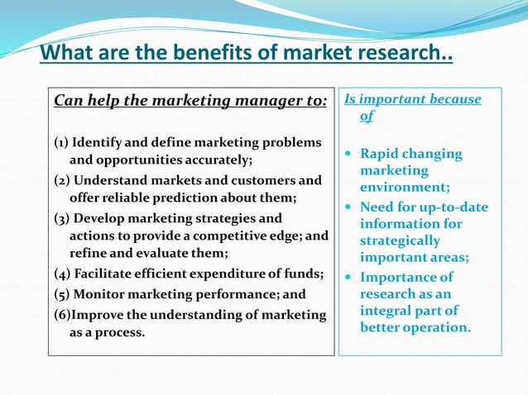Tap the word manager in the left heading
click(237, 102)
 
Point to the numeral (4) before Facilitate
click(61, 274)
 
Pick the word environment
click(404, 187)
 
